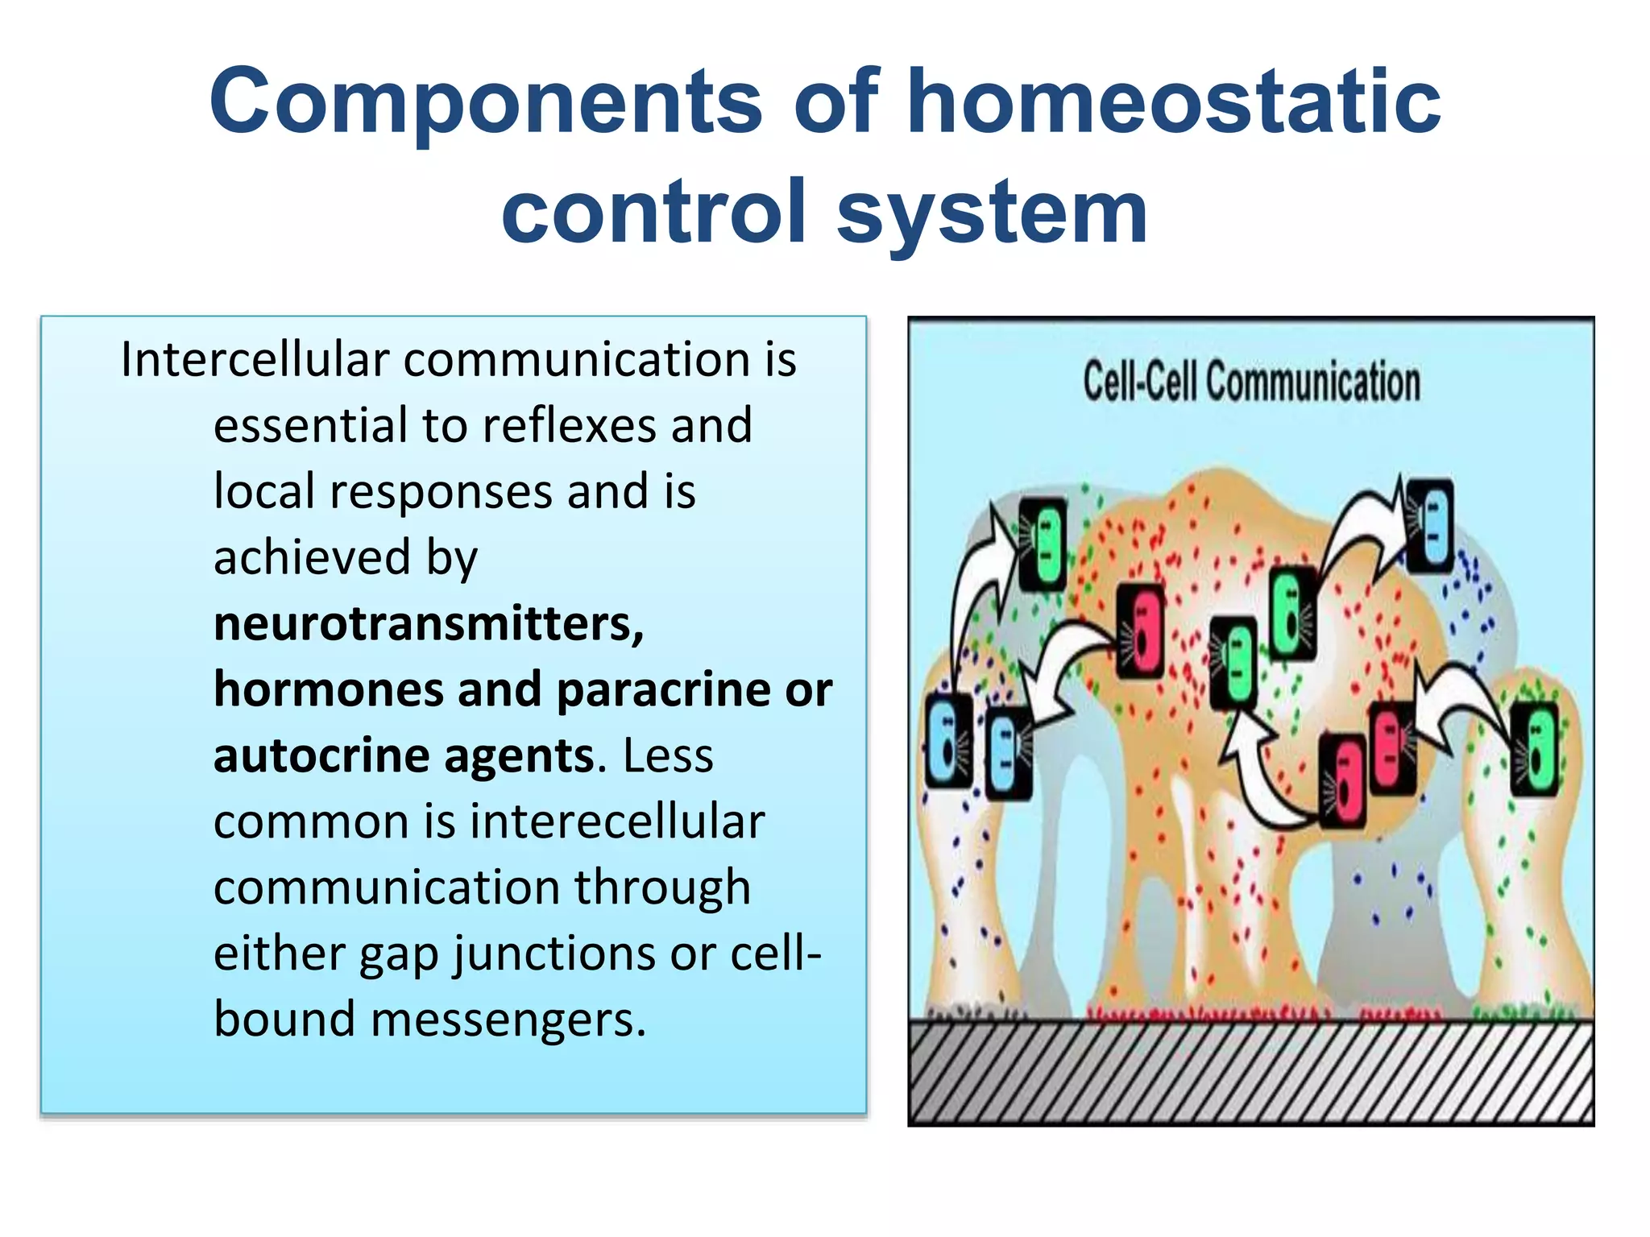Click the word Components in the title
486,102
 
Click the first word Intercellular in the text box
255,359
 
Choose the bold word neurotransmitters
429,624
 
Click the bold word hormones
329,690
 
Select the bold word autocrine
320,756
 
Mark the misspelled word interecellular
617,822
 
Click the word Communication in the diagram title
1312,382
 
